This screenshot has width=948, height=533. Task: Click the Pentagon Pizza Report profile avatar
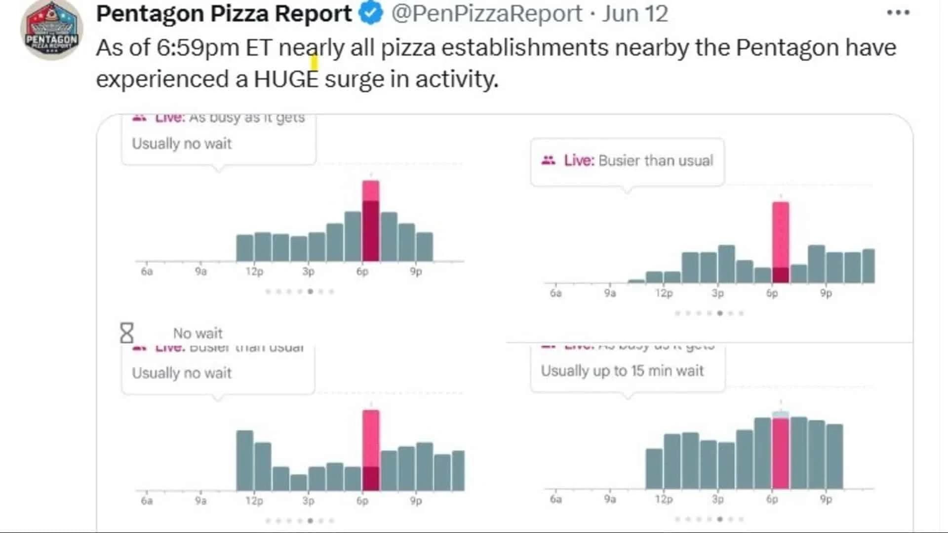coord(51,31)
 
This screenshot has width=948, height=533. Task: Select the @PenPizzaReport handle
coord(486,13)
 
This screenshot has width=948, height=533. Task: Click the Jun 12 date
coord(635,13)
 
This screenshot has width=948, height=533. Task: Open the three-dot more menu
coord(898,13)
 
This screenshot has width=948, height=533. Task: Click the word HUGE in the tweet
coord(286,79)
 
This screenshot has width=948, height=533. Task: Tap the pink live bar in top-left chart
coord(370,221)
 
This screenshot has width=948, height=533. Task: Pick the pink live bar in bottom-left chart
coord(370,449)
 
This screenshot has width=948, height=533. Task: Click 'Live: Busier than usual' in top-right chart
coord(638,160)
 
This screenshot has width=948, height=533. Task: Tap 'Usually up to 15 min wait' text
coord(622,371)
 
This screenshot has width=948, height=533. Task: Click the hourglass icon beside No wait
coord(127,333)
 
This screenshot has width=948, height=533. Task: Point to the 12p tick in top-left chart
coord(254,271)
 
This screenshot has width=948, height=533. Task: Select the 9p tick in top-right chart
coord(826,293)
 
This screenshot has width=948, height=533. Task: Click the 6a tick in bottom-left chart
coord(147,500)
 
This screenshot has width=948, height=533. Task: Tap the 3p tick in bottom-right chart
coord(717,499)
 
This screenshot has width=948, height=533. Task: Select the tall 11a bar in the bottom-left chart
coord(244,460)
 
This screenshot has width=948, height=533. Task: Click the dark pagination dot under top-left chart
coord(310,291)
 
